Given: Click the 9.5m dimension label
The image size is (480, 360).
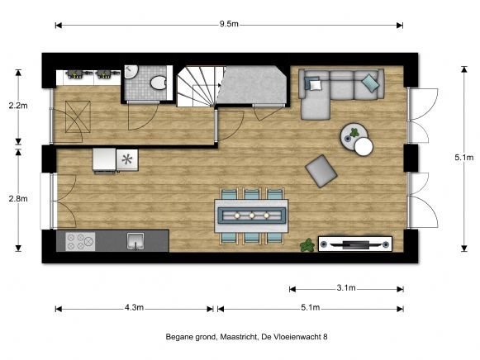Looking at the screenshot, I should point(229,25).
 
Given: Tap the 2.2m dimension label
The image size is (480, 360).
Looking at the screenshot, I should point(16,106).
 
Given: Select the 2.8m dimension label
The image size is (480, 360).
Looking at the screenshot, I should point(16,198).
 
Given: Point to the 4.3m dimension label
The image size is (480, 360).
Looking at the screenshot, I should point(134,308).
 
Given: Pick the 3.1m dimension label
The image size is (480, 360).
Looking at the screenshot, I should point(346,288).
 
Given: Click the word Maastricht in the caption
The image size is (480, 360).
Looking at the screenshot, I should point(239,337).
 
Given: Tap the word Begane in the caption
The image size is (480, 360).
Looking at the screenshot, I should point(178,337).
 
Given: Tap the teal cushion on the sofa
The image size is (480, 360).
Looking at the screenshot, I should point(369,82).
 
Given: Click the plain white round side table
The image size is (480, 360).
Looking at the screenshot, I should point(364,147).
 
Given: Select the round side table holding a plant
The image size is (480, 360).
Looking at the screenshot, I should point(354,132).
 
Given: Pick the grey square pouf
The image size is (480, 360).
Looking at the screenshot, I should point(321,170).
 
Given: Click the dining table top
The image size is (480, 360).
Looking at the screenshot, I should point(251,215).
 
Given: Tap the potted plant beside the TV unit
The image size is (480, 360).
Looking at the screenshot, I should point(307,244).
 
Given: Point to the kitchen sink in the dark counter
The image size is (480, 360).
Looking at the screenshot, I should point(135,241).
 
